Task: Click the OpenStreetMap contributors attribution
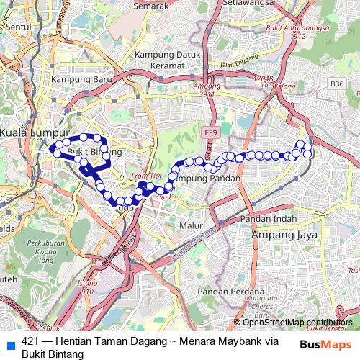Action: [297, 323]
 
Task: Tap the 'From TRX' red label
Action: [146, 176]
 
